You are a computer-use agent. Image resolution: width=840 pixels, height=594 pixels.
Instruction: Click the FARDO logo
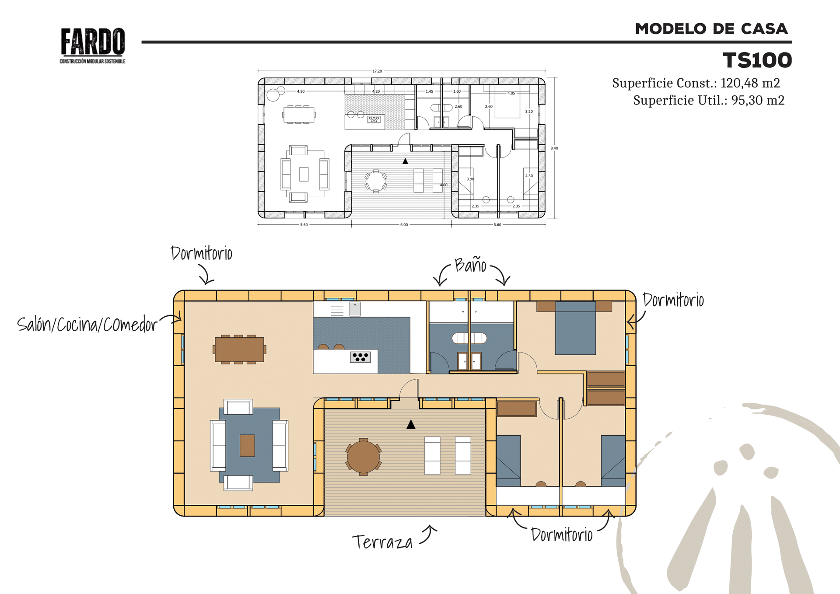(x=93, y=45)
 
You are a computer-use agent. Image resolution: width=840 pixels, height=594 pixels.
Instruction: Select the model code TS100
(x=757, y=60)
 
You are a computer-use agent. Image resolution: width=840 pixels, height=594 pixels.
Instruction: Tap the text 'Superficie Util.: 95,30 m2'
(x=709, y=100)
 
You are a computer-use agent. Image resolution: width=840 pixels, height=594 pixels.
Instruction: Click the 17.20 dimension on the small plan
(x=377, y=71)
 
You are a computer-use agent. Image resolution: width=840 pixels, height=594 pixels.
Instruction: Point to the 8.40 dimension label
(x=554, y=148)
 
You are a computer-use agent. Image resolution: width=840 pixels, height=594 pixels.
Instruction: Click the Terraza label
(x=382, y=542)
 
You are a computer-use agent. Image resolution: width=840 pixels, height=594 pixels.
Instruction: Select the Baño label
(x=470, y=265)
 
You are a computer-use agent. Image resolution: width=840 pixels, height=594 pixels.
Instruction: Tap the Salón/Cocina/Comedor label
(x=87, y=325)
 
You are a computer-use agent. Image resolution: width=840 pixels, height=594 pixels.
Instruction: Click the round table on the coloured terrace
(x=363, y=457)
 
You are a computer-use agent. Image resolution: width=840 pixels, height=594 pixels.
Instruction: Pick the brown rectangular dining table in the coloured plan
(x=239, y=349)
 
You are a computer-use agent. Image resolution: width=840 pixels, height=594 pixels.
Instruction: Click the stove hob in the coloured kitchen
(x=360, y=357)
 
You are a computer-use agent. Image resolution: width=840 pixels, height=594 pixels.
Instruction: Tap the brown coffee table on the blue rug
(x=247, y=445)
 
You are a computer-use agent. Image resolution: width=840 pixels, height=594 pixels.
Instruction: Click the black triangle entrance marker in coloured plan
(x=411, y=424)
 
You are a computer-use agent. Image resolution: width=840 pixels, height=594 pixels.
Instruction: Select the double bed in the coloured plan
(x=575, y=328)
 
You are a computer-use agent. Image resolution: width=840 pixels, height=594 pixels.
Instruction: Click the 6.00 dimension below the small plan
(x=404, y=225)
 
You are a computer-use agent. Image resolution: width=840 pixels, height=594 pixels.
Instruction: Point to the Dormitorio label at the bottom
(x=562, y=535)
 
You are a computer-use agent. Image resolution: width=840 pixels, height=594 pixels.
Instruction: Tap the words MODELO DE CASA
(x=711, y=29)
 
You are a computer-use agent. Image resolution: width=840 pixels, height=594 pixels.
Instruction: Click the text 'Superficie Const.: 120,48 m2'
(x=696, y=83)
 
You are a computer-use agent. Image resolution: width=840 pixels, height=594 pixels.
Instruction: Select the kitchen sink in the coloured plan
(x=355, y=309)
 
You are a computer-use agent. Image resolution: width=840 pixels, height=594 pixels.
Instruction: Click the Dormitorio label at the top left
(x=201, y=254)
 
